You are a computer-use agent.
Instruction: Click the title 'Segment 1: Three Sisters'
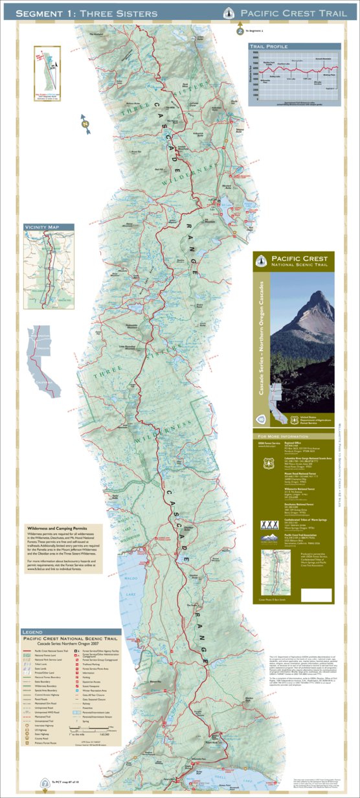(x=86, y=13)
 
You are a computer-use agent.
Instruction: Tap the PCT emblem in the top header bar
(x=228, y=13)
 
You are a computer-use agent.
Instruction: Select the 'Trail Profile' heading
(x=268, y=47)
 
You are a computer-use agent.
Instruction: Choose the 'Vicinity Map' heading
(x=41, y=227)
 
